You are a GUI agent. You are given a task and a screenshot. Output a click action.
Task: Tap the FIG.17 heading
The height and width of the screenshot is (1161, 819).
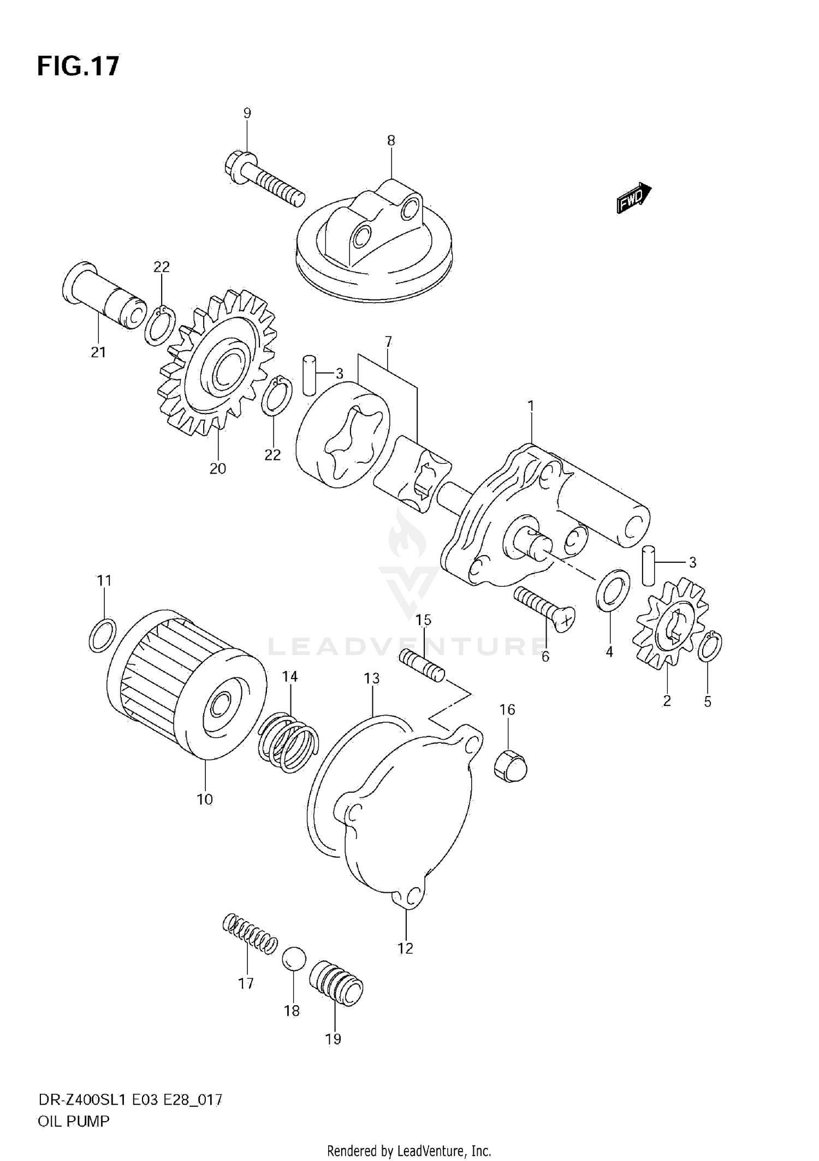pyautogui.click(x=78, y=66)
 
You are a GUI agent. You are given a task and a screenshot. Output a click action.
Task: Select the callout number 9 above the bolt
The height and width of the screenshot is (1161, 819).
pyautogui.click(x=247, y=113)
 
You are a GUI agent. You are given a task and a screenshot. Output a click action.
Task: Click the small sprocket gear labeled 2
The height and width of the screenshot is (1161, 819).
pyautogui.click(x=670, y=625)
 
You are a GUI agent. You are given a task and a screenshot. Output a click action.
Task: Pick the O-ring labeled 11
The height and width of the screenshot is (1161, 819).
pyautogui.click(x=102, y=635)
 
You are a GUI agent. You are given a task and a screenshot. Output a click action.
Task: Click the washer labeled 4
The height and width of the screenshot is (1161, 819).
pyautogui.click(x=613, y=590)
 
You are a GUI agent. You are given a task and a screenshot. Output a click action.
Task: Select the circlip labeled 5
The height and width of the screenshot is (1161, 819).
pyautogui.click(x=710, y=646)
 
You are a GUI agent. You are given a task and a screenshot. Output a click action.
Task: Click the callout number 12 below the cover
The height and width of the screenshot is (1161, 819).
pyautogui.click(x=406, y=948)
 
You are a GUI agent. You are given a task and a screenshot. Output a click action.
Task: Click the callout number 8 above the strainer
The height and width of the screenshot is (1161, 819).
pyautogui.click(x=391, y=140)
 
